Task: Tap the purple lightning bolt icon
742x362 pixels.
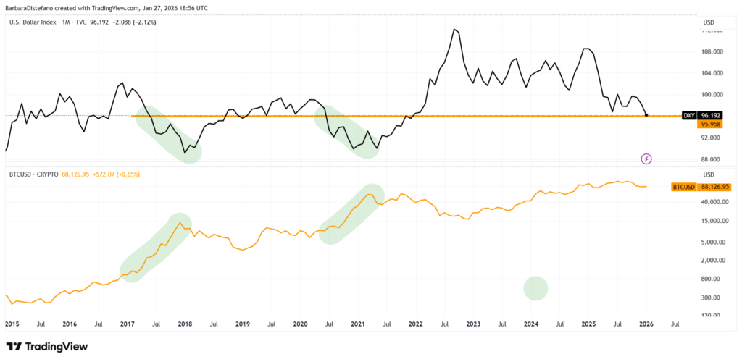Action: [x=646, y=159]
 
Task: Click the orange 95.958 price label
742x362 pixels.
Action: [x=709, y=125]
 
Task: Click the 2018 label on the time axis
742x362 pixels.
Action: [x=185, y=324]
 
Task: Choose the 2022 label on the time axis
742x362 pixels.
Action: [x=415, y=324]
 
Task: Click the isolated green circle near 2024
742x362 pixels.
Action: [x=535, y=288]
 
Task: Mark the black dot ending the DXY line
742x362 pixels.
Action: [x=646, y=115]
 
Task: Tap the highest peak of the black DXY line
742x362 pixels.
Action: [x=454, y=30]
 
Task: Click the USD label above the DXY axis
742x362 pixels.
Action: [x=708, y=22]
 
